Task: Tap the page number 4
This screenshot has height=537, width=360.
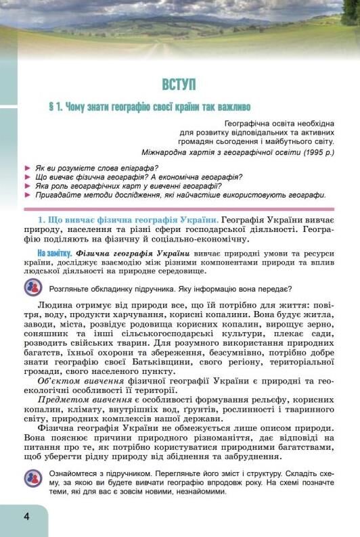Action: coord(26,517)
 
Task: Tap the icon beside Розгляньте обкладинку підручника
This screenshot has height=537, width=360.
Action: coord(32,287)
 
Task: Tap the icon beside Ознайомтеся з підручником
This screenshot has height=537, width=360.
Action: coord(32,479)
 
